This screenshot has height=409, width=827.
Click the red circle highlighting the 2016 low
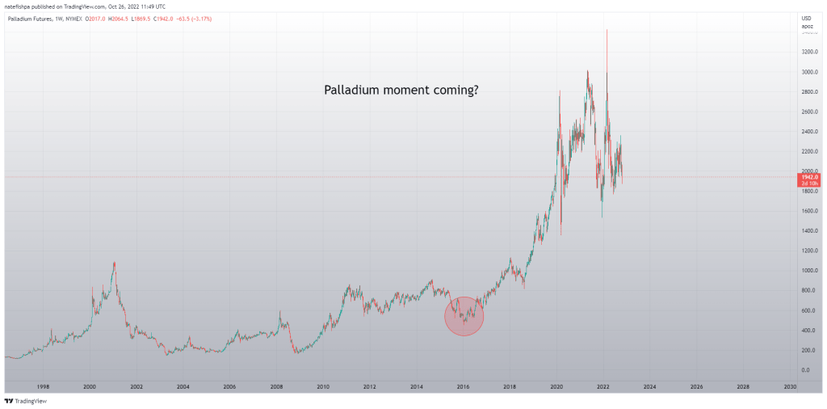point(464,316)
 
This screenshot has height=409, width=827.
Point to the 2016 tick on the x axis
point(464,387)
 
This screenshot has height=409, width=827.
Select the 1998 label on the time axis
point(43,387)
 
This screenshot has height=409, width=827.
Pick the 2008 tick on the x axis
point(276,387)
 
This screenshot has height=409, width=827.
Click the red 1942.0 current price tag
point(808,176)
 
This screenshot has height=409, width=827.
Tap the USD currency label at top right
point(806,19)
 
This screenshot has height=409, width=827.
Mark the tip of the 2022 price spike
point(607,30)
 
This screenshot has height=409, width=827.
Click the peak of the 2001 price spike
point(115,262)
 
